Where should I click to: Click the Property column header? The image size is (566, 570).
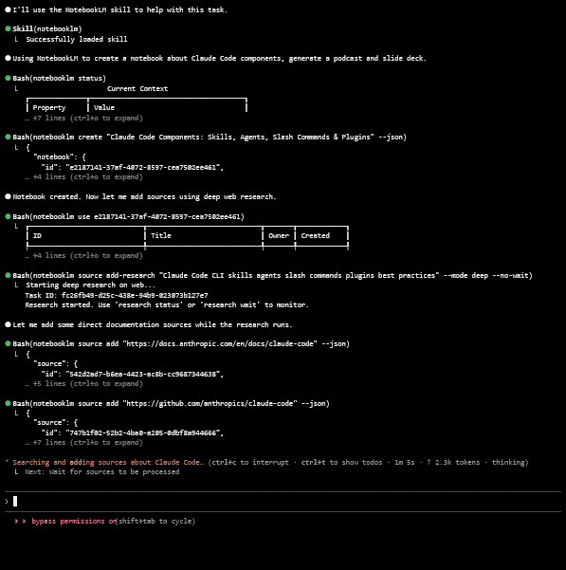[x=49, y=107]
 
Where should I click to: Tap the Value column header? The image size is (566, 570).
[x=104, y=107]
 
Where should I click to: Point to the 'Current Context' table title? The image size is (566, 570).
[x=137, y=88]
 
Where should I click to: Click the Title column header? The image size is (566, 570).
[x=161, y=235]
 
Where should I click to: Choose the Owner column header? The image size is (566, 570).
[x=279, y=235]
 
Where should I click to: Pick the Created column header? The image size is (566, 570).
[x=316, y=235]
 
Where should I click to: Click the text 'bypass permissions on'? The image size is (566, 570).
[x=74, y=521]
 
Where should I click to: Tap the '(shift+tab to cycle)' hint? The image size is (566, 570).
[x=156, y=521]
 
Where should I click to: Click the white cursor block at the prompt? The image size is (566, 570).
[x=15, y=501]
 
